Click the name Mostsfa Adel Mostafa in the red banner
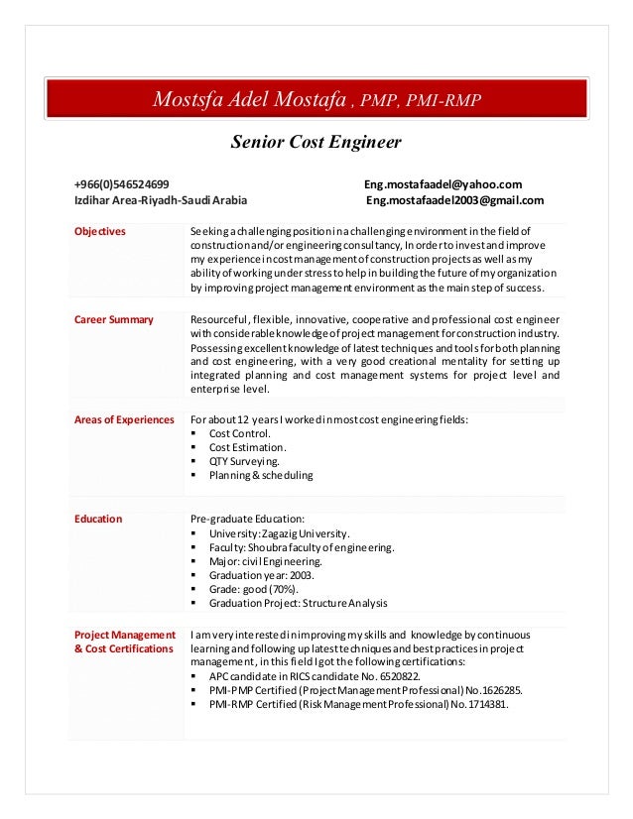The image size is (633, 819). pyautogui.click(x=252, y=99)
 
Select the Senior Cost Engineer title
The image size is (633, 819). pyautogui.click(x=316, y=143)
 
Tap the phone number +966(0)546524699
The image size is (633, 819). pyautogui.click(x=121, y=184)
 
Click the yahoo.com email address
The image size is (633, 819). pyautogui.click(x=443, y=184)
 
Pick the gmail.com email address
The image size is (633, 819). pyautogui.click(x=454, y=200)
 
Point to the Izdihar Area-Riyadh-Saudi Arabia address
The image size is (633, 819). pyautogui.click(x=161, y=200)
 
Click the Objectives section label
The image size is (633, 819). pyautogui.click(x=100, y=232)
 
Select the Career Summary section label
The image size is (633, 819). pyautogui.click(x=114, y=319)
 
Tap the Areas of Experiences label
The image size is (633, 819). pyautogui.click(x=124, y=419)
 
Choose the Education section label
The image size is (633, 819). pyautogui.click(x=98, y=519)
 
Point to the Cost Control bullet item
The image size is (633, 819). pyautogui.click(x=239, y=434)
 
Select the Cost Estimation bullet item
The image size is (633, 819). pyautogui.click(x=247, y=448)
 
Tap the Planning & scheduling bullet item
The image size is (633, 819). pyautogui.click(x=260, y=476)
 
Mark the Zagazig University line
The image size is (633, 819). pyautogui.click(x=279, y=533)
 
